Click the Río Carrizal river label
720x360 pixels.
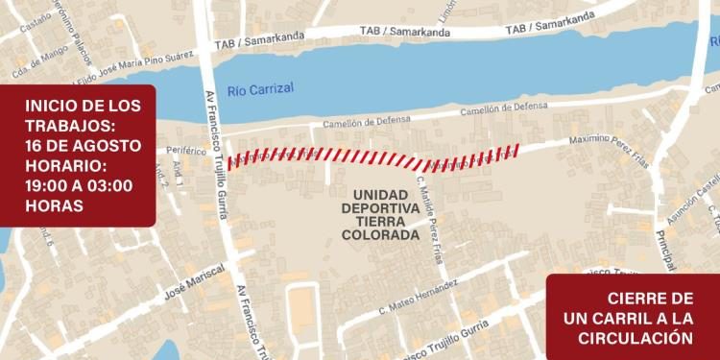(260, 90)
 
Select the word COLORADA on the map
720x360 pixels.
(381, 234)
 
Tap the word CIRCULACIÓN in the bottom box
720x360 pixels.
(635, 337)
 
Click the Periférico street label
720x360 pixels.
(186, 151)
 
